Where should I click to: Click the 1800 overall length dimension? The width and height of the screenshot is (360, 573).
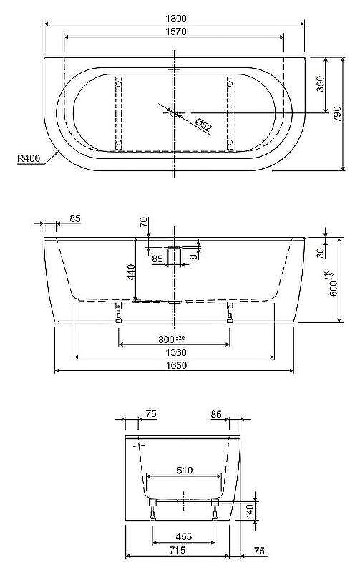(x=176, y=19)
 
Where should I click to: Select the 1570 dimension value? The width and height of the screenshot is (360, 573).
(x=176, y=32)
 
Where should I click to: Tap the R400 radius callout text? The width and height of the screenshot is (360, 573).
(x=29, y=158)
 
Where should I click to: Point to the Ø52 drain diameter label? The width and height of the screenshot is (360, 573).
(x=203, y=125)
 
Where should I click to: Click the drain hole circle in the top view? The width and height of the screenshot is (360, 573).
(x=174, y=113)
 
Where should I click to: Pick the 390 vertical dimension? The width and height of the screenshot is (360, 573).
(x=320, y=84)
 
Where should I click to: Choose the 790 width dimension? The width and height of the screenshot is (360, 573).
(x=336, y=114)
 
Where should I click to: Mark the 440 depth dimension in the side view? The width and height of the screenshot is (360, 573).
(x=131, y=272)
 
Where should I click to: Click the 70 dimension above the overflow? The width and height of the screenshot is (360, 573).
(x=144, y=222)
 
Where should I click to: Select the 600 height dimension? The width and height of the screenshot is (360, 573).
(x=332, y=284)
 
